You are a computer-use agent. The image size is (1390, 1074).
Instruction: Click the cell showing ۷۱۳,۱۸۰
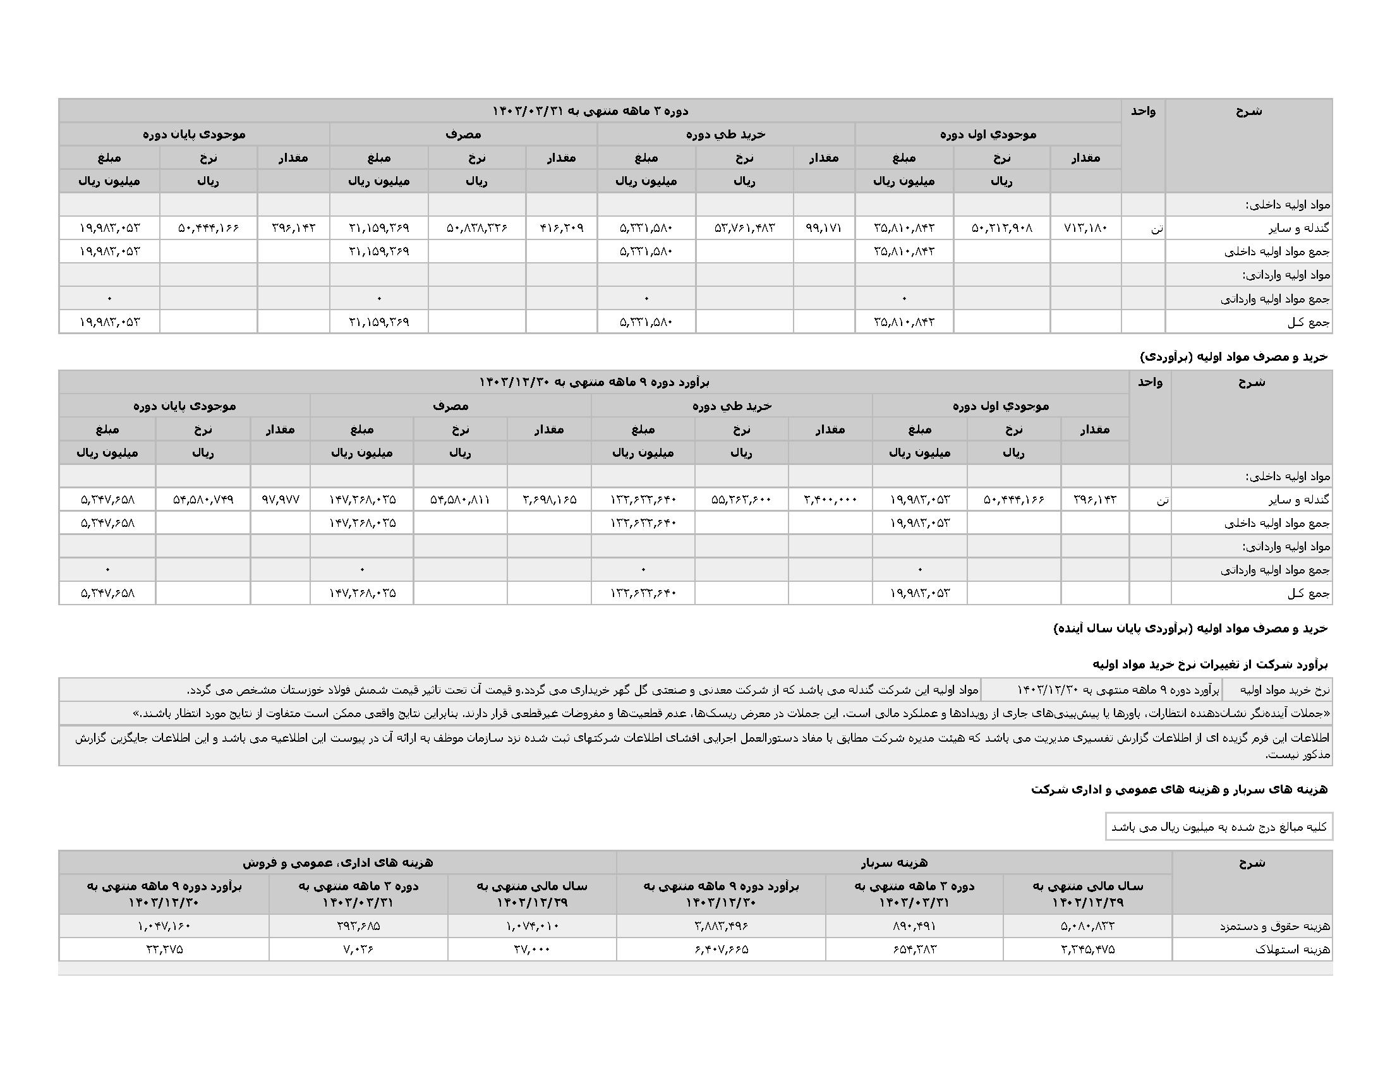pyautogui.click(x=1085, y=228)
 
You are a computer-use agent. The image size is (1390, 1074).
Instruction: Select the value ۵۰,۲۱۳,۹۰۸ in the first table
pyautogui.click(x=1001, y=228)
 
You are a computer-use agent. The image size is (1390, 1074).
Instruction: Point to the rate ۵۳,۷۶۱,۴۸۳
pyautogui.click(x=744, y=228)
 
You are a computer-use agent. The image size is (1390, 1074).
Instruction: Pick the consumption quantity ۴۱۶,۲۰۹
pyautogui.click(x=561, y=228)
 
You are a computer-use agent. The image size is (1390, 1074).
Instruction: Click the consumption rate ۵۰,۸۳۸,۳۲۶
pyautogui.click(x=476, y=228)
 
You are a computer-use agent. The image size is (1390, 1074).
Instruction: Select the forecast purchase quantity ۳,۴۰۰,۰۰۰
pyautogui.click(x=830, y=500)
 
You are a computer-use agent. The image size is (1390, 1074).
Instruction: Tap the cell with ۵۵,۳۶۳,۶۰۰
pyautogui.click(x=741, y=500)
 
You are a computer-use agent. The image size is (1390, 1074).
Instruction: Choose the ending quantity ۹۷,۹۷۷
pyautogui.click(x=280, y=500)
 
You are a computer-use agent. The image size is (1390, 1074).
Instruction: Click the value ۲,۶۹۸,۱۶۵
pyautogui.click(x=549, y=500)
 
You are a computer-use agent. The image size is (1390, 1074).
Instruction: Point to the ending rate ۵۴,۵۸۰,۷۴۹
pyautogui.click(x=203, y=500)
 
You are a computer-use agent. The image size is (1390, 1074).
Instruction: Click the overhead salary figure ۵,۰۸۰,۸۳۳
pyautogui.click(x=1087, y=926)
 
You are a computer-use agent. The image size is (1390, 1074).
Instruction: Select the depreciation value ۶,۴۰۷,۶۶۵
pyautogui.click(x=720, y=950)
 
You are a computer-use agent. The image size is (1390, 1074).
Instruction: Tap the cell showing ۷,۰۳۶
pyautogui.click(x=358, y=950)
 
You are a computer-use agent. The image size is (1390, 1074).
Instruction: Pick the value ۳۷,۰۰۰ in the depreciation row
pyautogui.click(x=531, y=950)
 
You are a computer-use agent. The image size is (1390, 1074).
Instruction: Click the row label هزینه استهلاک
pyautogui.click(x=1292, y=950)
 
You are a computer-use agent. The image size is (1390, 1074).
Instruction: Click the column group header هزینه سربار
pyautogui.click(x=893, y=863)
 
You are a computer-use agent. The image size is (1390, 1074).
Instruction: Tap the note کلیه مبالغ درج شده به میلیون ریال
pyautogui.click(x=1218, y=827)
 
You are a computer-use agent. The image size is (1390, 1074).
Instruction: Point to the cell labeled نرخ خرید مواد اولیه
pyautogui.click(x=1277, y=690)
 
